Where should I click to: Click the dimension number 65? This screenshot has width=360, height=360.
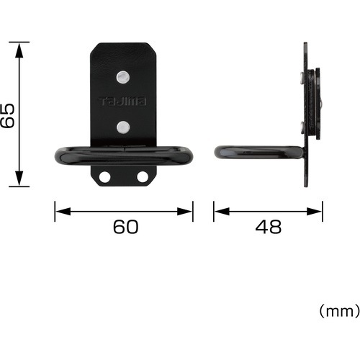pos(7,116)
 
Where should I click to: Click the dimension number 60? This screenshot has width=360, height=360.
pos(126,227)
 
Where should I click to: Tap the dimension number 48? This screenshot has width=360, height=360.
pos(269,227)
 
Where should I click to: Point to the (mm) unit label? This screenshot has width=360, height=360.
pos(339,311)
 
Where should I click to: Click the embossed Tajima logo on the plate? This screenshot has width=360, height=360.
pos(122,102)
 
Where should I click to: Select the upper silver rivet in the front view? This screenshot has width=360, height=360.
pos(123,77)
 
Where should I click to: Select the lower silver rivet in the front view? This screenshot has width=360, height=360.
pos(123,127)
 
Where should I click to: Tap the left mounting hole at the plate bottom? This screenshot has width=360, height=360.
pos(104,177)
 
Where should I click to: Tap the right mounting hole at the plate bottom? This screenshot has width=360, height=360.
pos(143,177)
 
